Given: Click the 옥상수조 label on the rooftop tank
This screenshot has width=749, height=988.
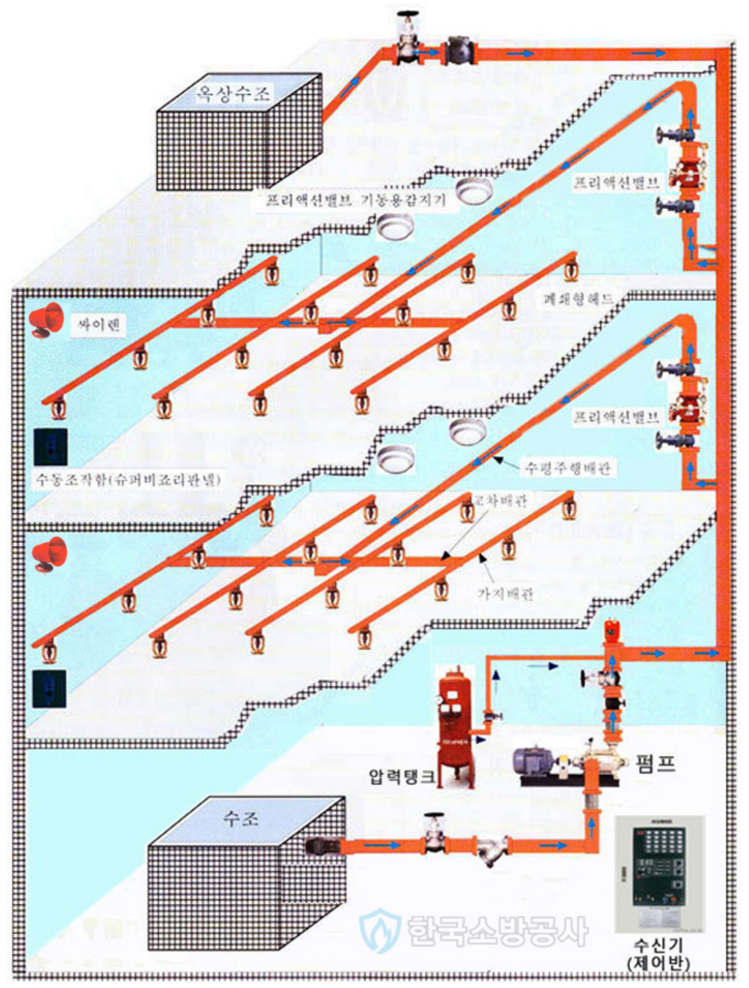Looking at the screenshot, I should click(232, 93).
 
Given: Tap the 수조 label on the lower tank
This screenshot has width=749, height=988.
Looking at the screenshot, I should click(240, 818).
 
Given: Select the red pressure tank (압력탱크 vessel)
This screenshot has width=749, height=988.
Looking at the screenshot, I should click(455, 726).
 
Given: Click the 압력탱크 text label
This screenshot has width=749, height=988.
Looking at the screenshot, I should click(402, 776).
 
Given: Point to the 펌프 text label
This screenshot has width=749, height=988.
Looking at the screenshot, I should click(655, 763).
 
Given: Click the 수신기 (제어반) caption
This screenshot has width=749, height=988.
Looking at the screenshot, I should click(658, 954).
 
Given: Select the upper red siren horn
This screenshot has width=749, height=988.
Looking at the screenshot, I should click(47, 320).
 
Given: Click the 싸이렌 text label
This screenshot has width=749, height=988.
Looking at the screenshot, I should click(99, 325).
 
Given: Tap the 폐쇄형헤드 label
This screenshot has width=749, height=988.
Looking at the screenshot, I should click(577, 299).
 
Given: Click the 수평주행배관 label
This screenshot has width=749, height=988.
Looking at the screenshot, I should click(568, 468).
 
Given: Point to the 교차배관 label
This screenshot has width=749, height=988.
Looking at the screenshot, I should click(500, 501).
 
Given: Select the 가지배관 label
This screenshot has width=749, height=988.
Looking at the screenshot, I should click(505, 594).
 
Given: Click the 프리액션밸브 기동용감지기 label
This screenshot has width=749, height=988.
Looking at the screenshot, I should click(355, 199).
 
